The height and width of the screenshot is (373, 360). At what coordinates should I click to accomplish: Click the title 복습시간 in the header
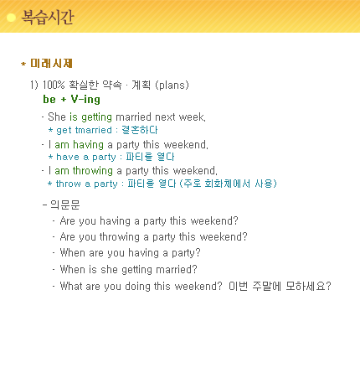tap(48, 18)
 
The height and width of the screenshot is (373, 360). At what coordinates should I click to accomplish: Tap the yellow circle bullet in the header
tap(11, 18)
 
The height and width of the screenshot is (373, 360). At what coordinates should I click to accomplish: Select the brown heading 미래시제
tap(51, 64)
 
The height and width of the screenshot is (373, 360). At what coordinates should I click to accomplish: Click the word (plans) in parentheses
tap(172, 85)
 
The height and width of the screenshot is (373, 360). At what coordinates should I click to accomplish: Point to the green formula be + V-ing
tap(71, 99)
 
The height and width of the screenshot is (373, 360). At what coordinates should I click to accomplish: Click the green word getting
tap(96, 117)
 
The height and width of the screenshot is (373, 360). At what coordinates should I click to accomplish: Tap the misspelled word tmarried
tap(94, 130)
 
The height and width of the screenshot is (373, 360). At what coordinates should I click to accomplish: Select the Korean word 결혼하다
tap(140, 130)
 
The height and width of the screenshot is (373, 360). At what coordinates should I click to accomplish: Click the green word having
tap(88, 145)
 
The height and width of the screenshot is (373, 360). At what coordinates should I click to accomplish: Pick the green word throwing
tap(93, 171)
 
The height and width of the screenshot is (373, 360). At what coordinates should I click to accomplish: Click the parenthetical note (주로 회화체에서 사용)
tap(228, 184)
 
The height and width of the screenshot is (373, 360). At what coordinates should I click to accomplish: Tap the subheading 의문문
tap(64, 205)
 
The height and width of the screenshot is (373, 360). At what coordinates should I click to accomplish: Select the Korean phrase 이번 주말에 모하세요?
tap(280, 286)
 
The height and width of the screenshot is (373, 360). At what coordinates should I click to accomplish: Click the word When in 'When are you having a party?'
tap(73, 253)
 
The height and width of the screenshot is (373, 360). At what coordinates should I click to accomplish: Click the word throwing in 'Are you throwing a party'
tap(120, 237)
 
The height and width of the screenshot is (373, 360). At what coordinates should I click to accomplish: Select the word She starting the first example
tap(57, 117)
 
